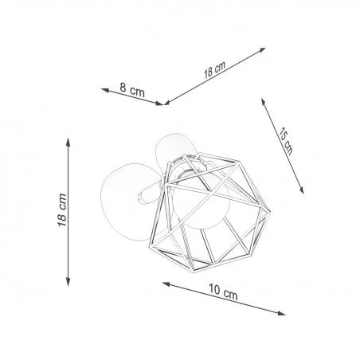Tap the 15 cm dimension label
point(285,141)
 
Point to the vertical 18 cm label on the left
point(62,210)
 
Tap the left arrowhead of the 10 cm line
point(163,283)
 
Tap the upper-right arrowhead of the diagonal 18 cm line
point(264,49)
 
